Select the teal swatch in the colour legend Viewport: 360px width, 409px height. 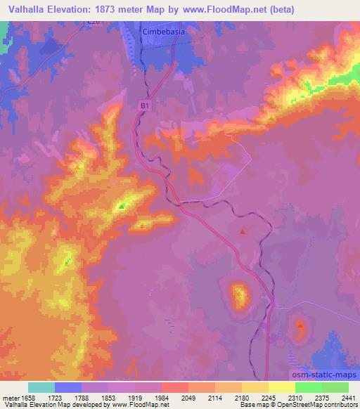click(41, 387)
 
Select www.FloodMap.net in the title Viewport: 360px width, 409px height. click(217, 9)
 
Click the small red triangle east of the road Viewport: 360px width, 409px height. click(243, 231)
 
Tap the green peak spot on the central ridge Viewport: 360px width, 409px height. click(122, 205)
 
